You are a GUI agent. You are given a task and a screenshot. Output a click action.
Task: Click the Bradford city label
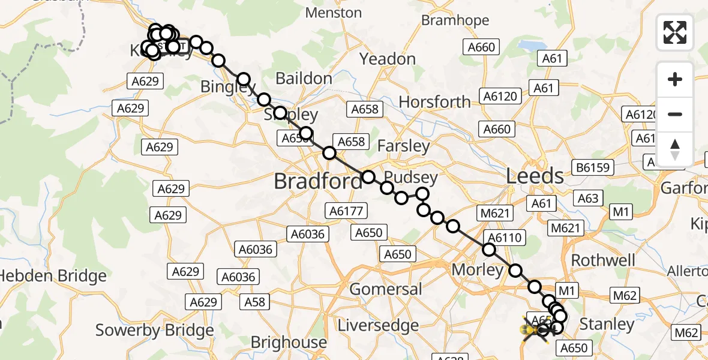pyautogui.click(x=319, y=181)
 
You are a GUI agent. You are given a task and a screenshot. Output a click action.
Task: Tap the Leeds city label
pyautogui.click(x=535, y=176)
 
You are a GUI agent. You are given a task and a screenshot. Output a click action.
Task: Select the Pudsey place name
pyautogui.click(x=411, y=178)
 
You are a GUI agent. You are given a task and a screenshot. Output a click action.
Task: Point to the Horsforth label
pyautogui.click(x=435, y=102)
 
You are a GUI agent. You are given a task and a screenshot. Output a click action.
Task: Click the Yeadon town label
pyautogui.click(x=388, y=59)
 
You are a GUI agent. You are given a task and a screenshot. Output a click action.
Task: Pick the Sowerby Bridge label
pyautogui.click(x=155, y=331)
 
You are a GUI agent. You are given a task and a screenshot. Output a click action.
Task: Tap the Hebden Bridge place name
pyautogui.click(x=53, y=277)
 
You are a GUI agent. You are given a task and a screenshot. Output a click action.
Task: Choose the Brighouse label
pyautogui.click(x=289, y=343)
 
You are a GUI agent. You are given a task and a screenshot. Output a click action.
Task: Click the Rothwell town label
pyautogui.click(x=603, y=260)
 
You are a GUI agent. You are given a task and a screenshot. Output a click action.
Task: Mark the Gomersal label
pyautogui.click(x=386, y=289)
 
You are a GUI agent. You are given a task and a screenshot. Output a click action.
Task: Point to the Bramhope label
pyautogui.click(x=452, y=20)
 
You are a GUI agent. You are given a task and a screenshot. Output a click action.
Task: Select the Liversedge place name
pyautogui.click(x=378, y=325)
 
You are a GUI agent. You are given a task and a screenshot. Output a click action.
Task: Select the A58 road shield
pyautogui.click(x=255, y=301)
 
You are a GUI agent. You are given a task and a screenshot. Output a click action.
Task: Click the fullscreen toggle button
pyautogui.click(x=675, y=32)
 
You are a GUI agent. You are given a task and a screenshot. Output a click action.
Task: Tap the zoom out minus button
pyautogui.click(x=675, y=115)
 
